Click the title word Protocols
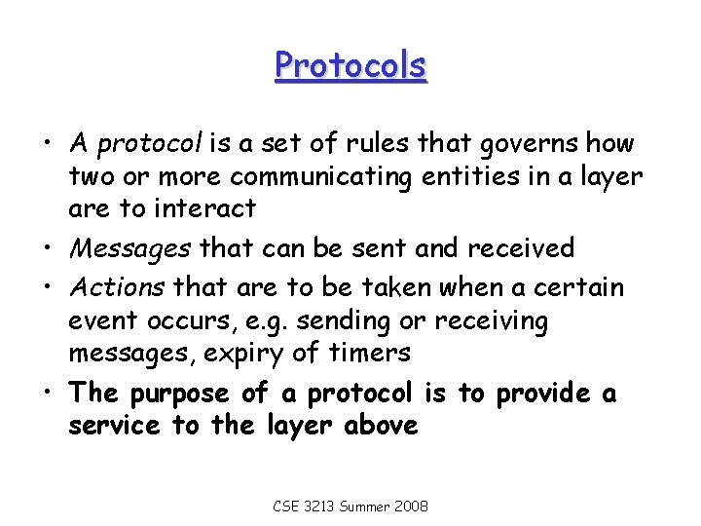coord(350,66)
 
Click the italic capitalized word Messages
coord(129,248)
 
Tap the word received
coord(522,248)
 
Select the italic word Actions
coord(117,288)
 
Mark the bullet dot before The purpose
coord(48,394)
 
